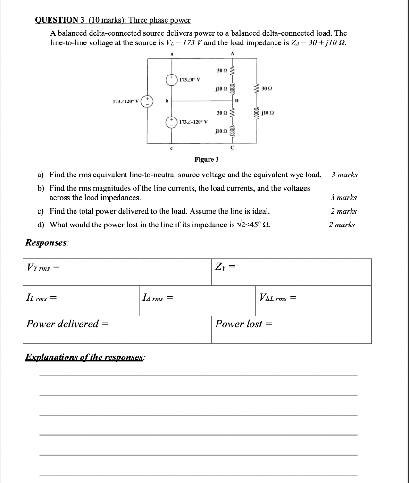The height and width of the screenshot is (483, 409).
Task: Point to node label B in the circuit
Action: [x=236, y=100]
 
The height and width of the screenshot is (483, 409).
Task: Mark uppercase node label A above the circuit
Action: [x=232, y=53]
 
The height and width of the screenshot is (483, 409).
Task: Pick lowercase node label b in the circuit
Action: [x=167, y=100]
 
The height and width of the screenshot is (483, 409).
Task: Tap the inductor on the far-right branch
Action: [x=257, y=113]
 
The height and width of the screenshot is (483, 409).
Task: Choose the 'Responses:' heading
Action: [x=47, y=242]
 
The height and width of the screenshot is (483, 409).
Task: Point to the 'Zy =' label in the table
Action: [x=225, y=268]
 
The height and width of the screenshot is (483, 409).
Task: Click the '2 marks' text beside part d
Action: [x=342, y=225]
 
